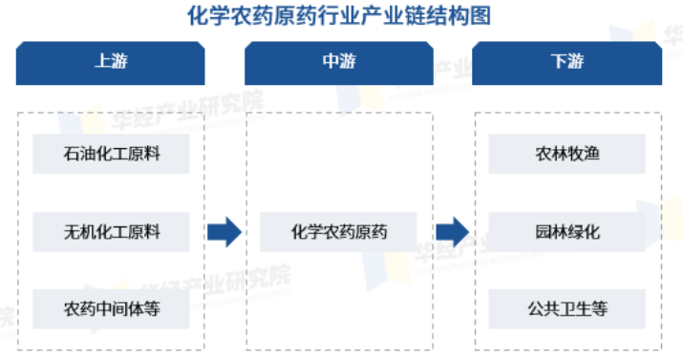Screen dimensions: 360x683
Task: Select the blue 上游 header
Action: pyautogui.click(x=111, y=62)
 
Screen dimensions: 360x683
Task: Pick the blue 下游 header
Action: pyautogui.click(x=566, y=62)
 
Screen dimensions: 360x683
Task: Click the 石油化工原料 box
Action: pyautogui.click(x=111, y=154)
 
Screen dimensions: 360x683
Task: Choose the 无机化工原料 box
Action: pyautogui.click(x=111, y=231)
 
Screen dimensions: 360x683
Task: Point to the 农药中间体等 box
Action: pyautogui.click(x=111, y=308)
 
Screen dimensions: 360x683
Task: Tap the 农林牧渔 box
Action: pyautogui.click(x=566, y=154)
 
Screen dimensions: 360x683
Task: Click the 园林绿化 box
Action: pyautogui.click(x=566, y=231)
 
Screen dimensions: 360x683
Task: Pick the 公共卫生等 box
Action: pyautogui.click(x=566, y=308)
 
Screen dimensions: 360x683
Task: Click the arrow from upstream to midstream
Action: pyautogui.click(x=224, y=231)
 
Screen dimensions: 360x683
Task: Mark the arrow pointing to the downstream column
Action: pyautogui.click(x=452, y=231)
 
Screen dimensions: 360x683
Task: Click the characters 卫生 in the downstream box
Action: pyautogui.click(x=567, y=308)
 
